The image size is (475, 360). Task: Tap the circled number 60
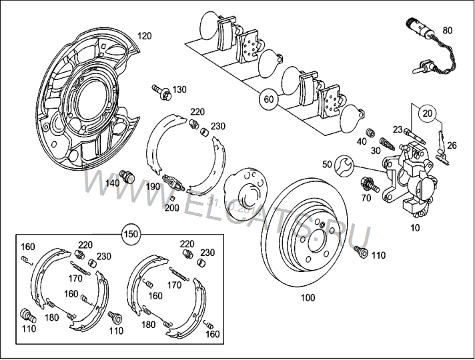[268, 99]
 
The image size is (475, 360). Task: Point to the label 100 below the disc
[307, 298]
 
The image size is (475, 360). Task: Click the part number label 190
[153, 187]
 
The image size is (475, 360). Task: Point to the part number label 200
[171, 207]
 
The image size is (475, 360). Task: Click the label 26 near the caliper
[452, 146]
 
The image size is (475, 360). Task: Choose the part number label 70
[366, 198]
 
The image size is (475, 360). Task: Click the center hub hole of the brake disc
[311, 231]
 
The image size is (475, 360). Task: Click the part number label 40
[362, 141]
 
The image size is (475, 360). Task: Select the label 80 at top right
[447, 31]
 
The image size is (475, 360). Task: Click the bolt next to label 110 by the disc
[362, 253]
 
